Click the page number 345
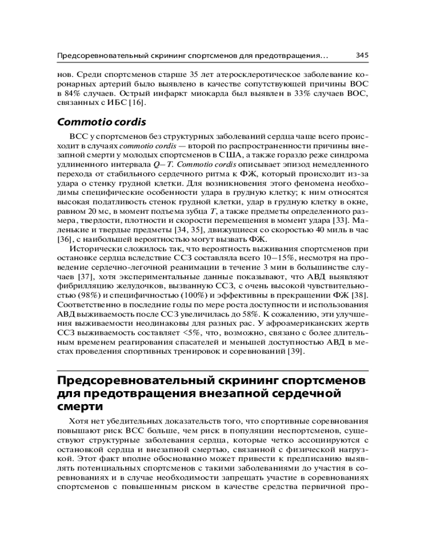(362, 55)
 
